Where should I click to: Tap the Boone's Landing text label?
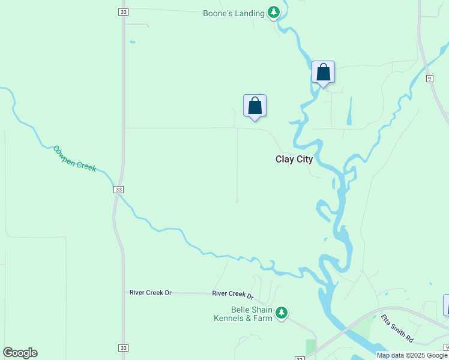coord(234,13)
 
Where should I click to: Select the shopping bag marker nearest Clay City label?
coord(255,106)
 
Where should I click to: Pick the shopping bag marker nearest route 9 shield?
coord(323,73)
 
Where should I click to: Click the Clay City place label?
coord(294,159)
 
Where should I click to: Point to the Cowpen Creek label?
coord(74,158)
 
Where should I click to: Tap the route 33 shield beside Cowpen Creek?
coord(119,189)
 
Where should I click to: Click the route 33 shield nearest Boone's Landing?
coord(123,12)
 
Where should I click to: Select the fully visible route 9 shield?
coord(430,79)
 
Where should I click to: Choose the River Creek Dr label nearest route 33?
coord(150,292)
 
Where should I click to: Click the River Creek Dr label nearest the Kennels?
coord(233,295)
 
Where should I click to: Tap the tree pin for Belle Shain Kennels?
coord(282,313)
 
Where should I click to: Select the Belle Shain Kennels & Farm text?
coord(243,314)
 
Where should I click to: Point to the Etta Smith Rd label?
coord(397,329)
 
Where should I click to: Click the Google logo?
coord(20,353)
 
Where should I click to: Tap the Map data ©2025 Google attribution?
coord(412,355)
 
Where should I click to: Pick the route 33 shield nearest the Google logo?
coord(123,348)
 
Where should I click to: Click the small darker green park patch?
coord(310,347)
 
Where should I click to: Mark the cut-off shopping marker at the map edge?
coord(446,305)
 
